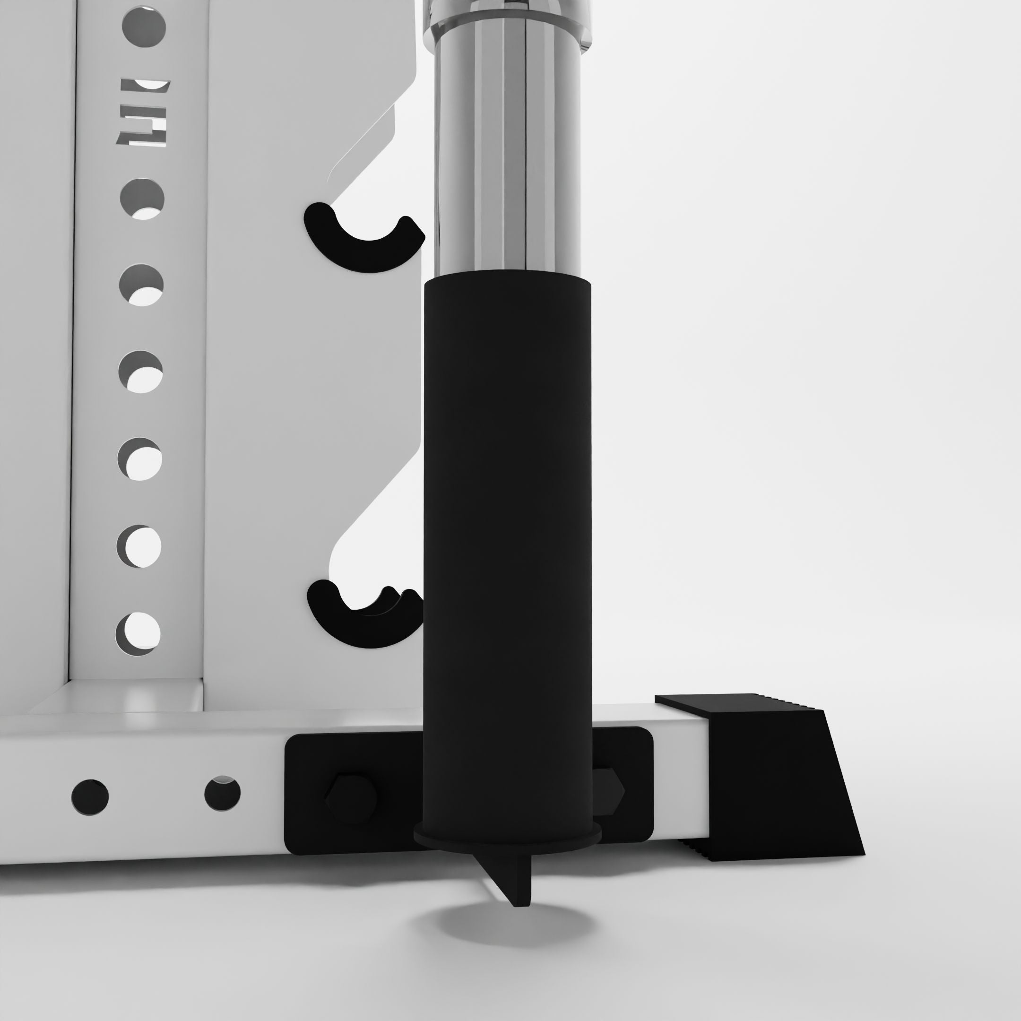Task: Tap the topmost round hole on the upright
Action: tap(144, 26)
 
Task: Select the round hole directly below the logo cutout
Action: tap(142, 199)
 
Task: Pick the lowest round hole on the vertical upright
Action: tap(138, 633)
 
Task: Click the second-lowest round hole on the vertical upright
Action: tap(138, 546)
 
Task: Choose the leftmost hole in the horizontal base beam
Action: tap(90, 797)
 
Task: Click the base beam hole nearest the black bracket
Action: tap(223, 793)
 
